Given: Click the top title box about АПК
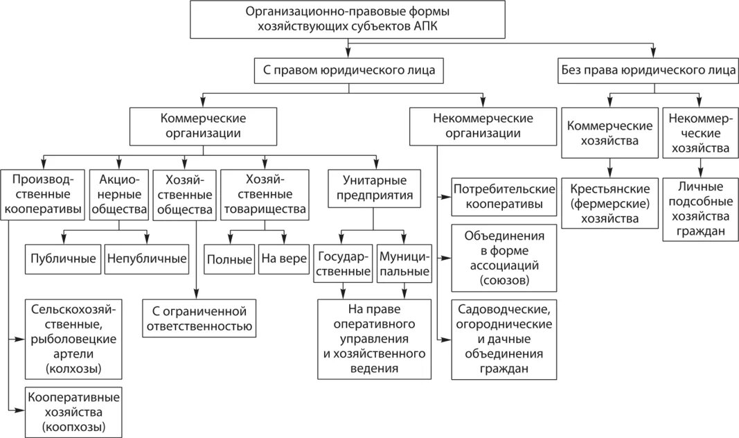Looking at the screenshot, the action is click(348, 19).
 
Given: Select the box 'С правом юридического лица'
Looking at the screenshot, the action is click(349, 71).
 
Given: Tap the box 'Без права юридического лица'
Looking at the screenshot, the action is click(648, 71).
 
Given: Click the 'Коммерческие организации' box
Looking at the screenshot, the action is click(203, 126).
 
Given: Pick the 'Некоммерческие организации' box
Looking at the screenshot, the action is click(483, 126).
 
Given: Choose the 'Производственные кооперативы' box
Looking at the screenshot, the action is click(42, 195).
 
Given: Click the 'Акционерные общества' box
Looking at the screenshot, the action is click(119, 195).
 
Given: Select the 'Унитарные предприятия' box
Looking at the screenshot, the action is click(374, 188).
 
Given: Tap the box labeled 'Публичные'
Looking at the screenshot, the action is click(63, 259).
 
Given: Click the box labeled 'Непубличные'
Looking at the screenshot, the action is click(147, 259).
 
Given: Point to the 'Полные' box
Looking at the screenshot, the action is click(229, 259).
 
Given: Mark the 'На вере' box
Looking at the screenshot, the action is click(284, 259).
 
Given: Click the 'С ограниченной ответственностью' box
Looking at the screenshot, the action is click(199, 318).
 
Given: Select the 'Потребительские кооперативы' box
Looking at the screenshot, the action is click(504, 197).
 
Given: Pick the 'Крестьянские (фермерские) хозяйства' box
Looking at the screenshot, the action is click(609, 203).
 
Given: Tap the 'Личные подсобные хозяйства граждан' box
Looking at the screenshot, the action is click(700, 209).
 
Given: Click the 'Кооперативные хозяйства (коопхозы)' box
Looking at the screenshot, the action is click(73, 412).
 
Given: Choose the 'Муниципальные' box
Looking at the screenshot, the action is click(404, 263).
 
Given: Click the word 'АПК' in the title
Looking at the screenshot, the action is click(425, 26).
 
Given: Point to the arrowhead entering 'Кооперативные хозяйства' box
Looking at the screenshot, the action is click(20, 410).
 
